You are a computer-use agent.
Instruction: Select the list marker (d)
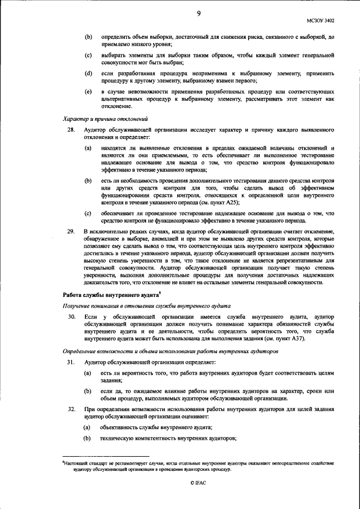tap(88, 74)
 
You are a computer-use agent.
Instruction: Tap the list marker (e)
tap(88, 91)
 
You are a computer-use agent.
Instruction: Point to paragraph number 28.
tap(70, 130)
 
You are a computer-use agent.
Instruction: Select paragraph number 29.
tap(70, 231)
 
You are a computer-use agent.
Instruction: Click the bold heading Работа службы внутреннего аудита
tap(109, 294)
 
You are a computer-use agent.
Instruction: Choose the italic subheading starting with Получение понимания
tap(144, 305)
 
